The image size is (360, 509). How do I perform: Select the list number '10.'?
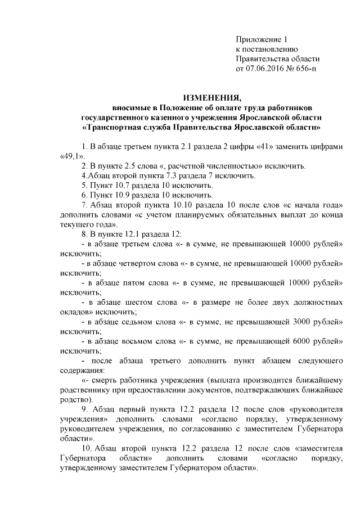coord(87,448)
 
